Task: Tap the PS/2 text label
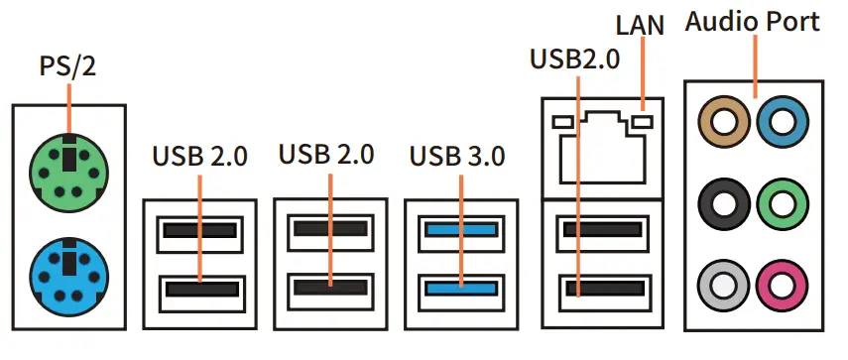68,66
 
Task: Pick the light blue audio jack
778,123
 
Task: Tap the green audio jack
778,207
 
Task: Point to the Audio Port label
753,21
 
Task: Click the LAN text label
642,22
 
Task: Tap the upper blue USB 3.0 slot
460,232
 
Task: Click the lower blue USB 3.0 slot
460,290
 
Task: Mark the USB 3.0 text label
457,156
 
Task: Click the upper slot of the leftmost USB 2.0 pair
200,232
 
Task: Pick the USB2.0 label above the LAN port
575,59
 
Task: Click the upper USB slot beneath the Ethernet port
600,232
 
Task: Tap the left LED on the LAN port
562,122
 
